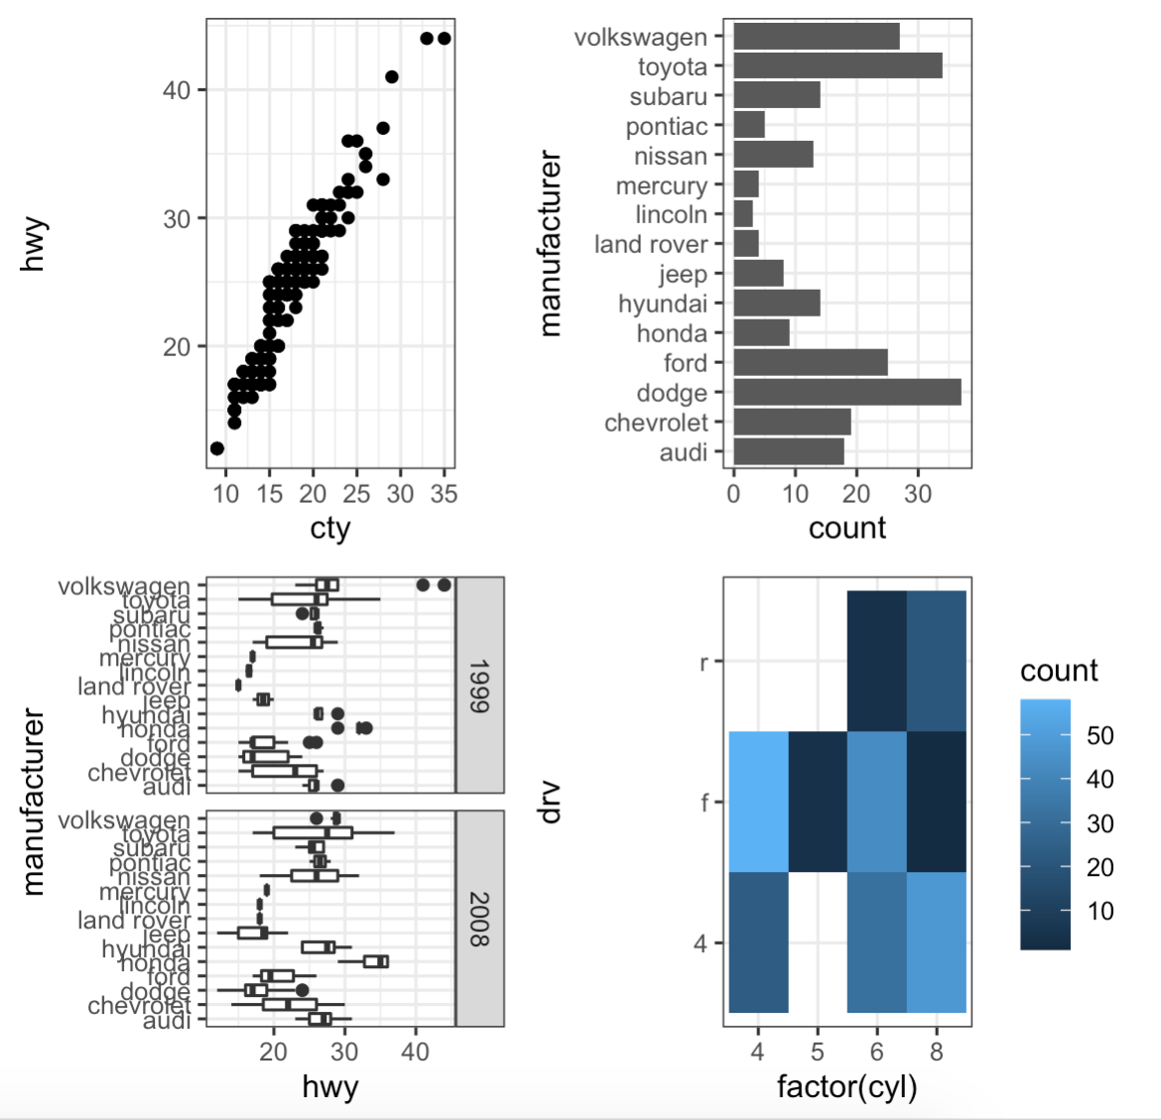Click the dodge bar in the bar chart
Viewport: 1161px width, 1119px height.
(846, 392)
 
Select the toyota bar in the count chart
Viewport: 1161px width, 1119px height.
(838, 66)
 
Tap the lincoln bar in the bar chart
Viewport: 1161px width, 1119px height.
(743, 214)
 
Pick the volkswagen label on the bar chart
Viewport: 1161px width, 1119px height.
(640, 38)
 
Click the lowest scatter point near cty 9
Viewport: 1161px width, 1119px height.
(217, 448)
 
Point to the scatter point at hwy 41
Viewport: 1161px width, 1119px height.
(392, 77)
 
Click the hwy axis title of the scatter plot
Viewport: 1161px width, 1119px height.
(34, 244)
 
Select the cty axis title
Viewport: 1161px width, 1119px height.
(329, 528)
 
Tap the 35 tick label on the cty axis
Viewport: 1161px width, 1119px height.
(444, 494)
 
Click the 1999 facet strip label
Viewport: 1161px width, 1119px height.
(479, 685)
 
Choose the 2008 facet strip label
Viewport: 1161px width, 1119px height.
(479, 919)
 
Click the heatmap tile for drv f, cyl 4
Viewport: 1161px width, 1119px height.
(759, 802)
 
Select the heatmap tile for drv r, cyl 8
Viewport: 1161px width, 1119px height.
(936, 661)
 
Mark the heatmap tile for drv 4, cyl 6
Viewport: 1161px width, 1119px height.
(877, 942)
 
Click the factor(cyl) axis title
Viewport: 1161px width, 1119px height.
(846, 1086)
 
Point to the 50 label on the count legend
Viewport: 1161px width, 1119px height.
(1099, 736)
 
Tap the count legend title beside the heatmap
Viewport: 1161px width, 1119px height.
(1059, 672)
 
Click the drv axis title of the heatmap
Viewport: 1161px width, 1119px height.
(549, 802)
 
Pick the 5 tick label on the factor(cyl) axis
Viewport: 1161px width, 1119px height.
(818, 1052)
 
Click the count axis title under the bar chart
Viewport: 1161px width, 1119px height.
(846, 528)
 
